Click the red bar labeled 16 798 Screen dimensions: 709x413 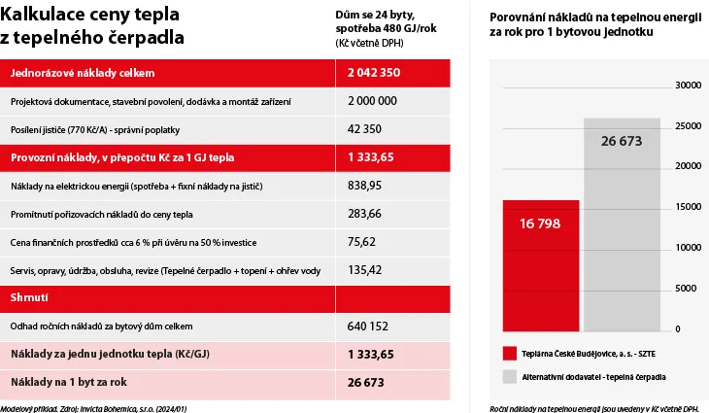[x=541, y=265]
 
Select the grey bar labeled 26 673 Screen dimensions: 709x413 [x=622, y=224]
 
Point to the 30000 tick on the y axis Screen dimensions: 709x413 [x=689, y=86]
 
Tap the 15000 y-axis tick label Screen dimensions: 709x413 [x=689, y=207]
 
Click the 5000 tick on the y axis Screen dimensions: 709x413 [x=686, y=289]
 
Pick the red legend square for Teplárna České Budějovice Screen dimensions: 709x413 [x=510, y=354]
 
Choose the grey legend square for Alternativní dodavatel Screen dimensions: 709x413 [x=510, y=377]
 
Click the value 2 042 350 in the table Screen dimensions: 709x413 [x=374, y=73]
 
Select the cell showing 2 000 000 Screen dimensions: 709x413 [x=372, y=101]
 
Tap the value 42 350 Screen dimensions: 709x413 [x=364, y=129]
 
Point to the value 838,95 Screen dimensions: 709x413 [x=364, y=186]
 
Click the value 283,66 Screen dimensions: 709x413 [x=364, y=214]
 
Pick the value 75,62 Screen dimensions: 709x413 [x=361, y=242]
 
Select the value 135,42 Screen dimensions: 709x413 [x=364, y=270]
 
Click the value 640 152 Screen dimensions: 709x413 [x=368, y=327]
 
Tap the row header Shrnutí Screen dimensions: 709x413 [x=29, y=297]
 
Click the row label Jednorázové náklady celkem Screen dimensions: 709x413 [x=83, y=73]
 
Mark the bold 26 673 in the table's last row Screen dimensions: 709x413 [x=366, y=383]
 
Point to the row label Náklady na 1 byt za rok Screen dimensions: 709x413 [x=69, y=382]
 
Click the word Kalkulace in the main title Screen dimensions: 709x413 [x=43, y=15]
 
